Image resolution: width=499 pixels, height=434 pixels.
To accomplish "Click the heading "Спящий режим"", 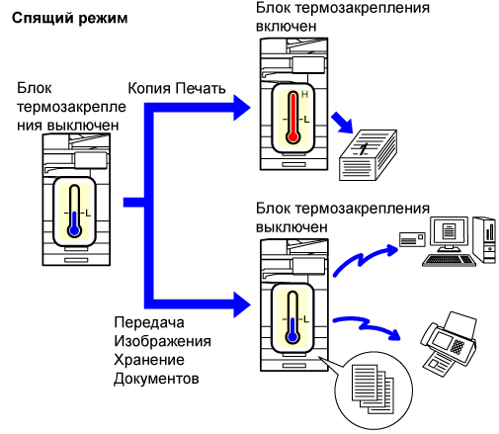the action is click(x=70, y=19).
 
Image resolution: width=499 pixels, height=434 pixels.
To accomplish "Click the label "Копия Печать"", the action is click(x=177, y=88).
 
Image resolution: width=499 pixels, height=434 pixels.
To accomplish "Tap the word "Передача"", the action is click(x=149, y=322).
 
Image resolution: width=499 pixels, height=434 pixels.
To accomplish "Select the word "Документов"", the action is click(x=156, y=379).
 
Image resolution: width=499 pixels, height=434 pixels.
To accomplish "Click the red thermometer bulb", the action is click(x=292, y=136).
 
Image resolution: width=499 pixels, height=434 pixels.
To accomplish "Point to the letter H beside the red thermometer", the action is click(x=304, y=95).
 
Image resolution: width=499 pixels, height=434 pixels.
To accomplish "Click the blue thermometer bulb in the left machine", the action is click(x=75, y=230).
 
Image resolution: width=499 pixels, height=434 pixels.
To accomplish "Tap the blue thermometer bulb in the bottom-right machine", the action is click(x=292, y=337).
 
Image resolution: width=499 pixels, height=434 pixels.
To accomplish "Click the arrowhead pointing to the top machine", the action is click(x=242, y=108).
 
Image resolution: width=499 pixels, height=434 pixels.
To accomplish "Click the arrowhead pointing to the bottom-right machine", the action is click(x=242, y=304).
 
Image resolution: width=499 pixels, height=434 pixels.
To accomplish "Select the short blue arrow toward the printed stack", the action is click(x=343, y=123).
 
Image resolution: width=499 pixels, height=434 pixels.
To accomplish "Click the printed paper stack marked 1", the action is click(x=368, y=155).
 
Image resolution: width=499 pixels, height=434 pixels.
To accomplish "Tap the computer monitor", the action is click(x=450, y=233).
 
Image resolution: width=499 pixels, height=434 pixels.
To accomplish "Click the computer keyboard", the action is click(x=449, y=260).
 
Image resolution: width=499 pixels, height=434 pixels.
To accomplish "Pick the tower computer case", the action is click(x=484, y=239).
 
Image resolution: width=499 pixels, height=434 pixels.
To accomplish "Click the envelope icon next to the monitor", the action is click(x=412, y=239).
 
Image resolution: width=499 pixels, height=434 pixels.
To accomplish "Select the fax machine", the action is click(x=449, y=343).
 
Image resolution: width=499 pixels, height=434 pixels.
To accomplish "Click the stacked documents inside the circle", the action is click(x=373, y=390).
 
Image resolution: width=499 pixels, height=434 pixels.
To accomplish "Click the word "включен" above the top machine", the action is click(x=286, y=26).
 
